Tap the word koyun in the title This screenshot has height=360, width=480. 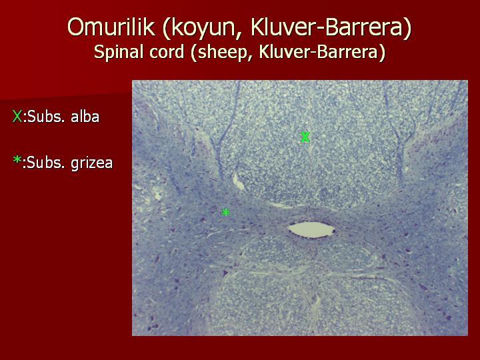[x=203, y=28]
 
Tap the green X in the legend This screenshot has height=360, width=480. [x=17, y=117]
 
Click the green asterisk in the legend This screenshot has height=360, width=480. [x=17, y=160]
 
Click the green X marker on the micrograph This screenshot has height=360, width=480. [x=305, y=137]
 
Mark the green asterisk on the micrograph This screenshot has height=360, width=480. [x=225, y=212]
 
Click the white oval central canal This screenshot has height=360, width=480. [x=311, y=230]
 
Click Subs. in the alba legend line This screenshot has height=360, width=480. [x=46, y=117]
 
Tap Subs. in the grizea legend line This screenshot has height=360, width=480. [x=46, y=163]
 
